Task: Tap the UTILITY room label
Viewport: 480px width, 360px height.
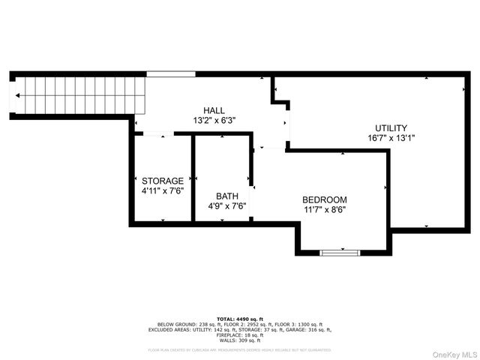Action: coord(391,127)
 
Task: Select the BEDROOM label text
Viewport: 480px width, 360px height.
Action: coord(324,199)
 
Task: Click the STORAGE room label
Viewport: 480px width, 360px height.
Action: coord(163,181)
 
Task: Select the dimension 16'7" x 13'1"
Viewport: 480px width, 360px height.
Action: coord(391,138)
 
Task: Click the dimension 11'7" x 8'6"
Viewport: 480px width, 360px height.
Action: coord(324,210)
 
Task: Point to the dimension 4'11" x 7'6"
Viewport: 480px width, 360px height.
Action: coord(163,191)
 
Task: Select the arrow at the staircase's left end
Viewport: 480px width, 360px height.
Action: coord(17,95)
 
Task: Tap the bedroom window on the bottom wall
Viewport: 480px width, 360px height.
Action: coord(340,253)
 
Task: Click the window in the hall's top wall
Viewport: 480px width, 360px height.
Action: coord(171,73)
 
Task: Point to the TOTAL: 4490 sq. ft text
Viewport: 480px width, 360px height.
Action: coord(239,318)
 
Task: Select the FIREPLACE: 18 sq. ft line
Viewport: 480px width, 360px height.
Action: coord(239,334)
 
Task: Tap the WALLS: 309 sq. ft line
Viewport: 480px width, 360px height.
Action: coord(239,340)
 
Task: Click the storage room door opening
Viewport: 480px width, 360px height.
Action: coord(157,134)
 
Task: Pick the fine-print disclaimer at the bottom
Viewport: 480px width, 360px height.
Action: coord(239,349)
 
